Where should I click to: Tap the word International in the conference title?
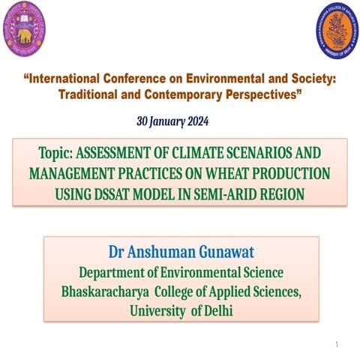(x=63, y=79)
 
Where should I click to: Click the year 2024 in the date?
(x=194, y=121)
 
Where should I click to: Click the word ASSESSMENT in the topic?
(x=125, y=153)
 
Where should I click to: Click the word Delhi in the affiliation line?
(x=215, y=309)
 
